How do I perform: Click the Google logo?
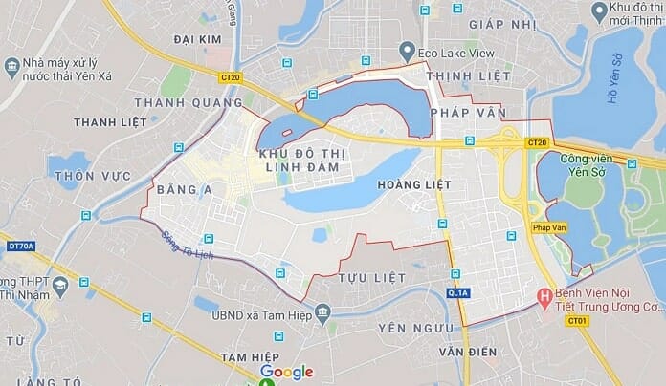coord(286,372)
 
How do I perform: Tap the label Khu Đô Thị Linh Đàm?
coord(301,161)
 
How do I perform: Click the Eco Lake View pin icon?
coord(407,53)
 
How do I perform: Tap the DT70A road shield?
coord(20,246)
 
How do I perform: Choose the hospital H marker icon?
coord(546,299)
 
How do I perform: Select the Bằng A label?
coord(186,189)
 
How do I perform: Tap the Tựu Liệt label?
coord(372,277)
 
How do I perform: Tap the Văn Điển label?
coord(468,352)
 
